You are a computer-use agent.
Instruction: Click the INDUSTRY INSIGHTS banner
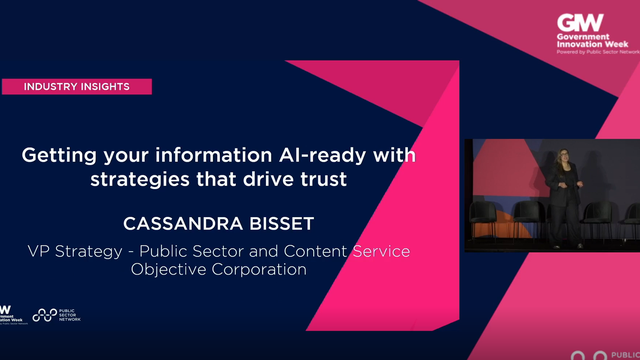point(76,87)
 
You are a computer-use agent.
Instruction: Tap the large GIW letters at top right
point(580,22)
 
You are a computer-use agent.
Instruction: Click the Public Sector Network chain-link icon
point(44,315)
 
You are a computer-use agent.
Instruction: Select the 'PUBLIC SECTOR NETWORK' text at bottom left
point(70,315)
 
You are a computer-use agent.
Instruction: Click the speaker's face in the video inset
point(559,160)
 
